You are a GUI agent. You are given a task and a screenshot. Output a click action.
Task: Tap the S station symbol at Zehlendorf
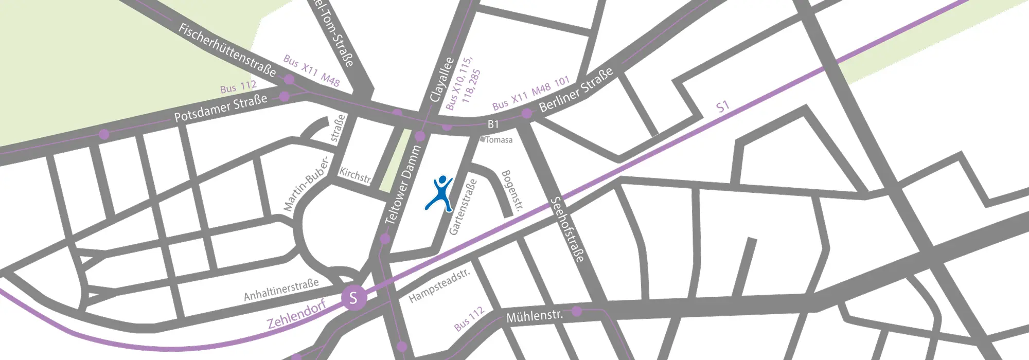pos(353,298)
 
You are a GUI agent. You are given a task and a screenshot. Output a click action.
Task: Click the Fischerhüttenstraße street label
pos(227,50)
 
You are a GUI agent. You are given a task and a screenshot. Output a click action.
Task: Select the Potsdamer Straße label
pos(220,109)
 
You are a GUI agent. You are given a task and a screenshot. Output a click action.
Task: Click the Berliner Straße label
pos(576,89)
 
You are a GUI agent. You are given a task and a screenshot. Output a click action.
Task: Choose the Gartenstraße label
pos(463,207)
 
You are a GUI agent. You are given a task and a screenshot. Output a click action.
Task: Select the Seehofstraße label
pos(567,229)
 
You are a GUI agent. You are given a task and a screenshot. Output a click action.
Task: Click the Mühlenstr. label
pos(534,315)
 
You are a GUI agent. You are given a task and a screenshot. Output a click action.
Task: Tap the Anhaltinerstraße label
pos(281,290)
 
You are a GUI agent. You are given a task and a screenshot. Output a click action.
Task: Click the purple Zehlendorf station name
pos(297,314)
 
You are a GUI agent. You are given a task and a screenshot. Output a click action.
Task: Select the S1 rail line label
pos(723,107)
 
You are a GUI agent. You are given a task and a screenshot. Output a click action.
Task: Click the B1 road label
pos(493,124)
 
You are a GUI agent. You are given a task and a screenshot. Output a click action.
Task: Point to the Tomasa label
pos(499,139)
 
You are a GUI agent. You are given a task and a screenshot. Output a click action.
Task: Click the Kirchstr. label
pos(355,175)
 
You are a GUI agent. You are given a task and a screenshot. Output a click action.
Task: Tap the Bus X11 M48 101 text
pos(531,93)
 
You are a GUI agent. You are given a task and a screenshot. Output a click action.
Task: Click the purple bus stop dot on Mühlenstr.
pos(577,311)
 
